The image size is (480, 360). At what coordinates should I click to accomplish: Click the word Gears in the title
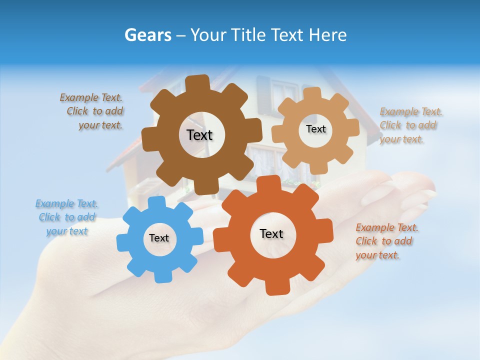[148, 35]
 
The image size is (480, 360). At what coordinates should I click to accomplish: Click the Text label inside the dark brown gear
[199, 135]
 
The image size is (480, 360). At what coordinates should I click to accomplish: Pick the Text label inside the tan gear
[315, 129]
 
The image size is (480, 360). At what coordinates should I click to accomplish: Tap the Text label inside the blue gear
[159, 238]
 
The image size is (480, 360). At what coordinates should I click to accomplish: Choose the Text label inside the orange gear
[271, 233]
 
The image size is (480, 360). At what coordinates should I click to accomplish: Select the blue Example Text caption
[66, 217]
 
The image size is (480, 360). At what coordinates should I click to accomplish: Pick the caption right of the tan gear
[410, 125]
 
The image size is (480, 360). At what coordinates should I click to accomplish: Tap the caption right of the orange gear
[386, 241]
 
